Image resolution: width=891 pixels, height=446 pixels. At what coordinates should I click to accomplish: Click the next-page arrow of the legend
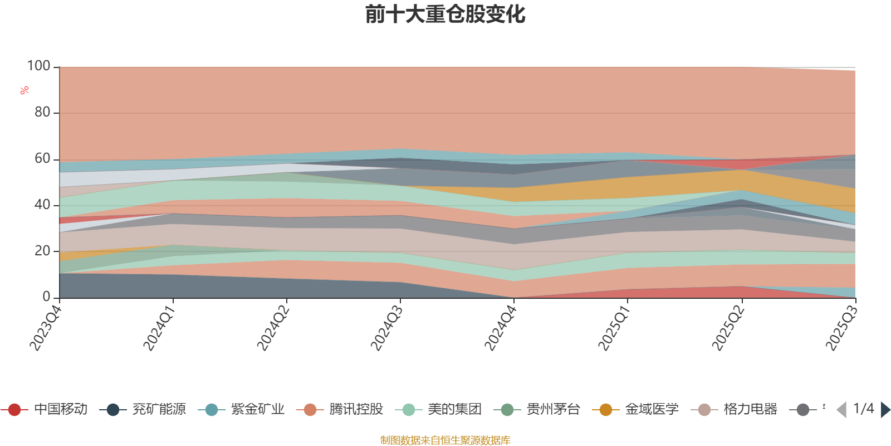pyautogui.click(x=885, y=410)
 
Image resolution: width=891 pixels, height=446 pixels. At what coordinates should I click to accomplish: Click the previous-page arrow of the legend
pyautogui.click(x=841, y=410)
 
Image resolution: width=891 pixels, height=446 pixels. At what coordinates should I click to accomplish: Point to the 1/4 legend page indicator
pyautogui.click(x=863, y=409)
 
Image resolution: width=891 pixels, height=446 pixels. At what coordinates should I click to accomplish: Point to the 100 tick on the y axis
pyautogui.click(x=39, y=66)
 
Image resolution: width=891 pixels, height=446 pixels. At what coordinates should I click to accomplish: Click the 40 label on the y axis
pyautogui.click(x=42, y=205)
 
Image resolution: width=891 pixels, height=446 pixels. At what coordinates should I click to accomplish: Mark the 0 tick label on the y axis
pyautogui.click(x=47, y=297)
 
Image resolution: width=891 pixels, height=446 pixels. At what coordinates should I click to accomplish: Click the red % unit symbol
pyautogui.click(x=24, y=90)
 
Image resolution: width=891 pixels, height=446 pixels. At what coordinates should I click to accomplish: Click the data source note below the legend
pyautogui.click(x=445, y=440)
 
